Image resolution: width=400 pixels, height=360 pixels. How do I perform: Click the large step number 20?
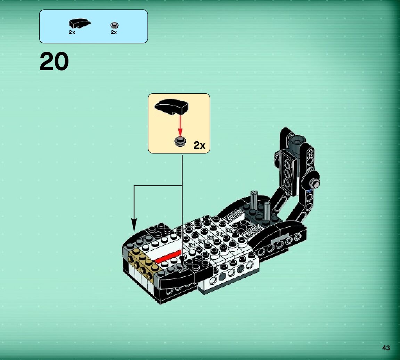tap(54, 62)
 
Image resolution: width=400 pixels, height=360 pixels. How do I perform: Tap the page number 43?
tap(386, 348)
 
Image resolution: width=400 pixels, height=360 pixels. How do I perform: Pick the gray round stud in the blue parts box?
tap(114, 25)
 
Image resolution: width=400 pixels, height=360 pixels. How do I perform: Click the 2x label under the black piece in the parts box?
tap(72, 32)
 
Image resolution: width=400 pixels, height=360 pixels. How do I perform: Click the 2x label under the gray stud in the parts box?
tap(114, 32)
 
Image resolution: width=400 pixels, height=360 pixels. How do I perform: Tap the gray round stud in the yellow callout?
tap(180, 141)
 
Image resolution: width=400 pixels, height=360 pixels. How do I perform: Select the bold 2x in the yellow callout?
tap(199, 145)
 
